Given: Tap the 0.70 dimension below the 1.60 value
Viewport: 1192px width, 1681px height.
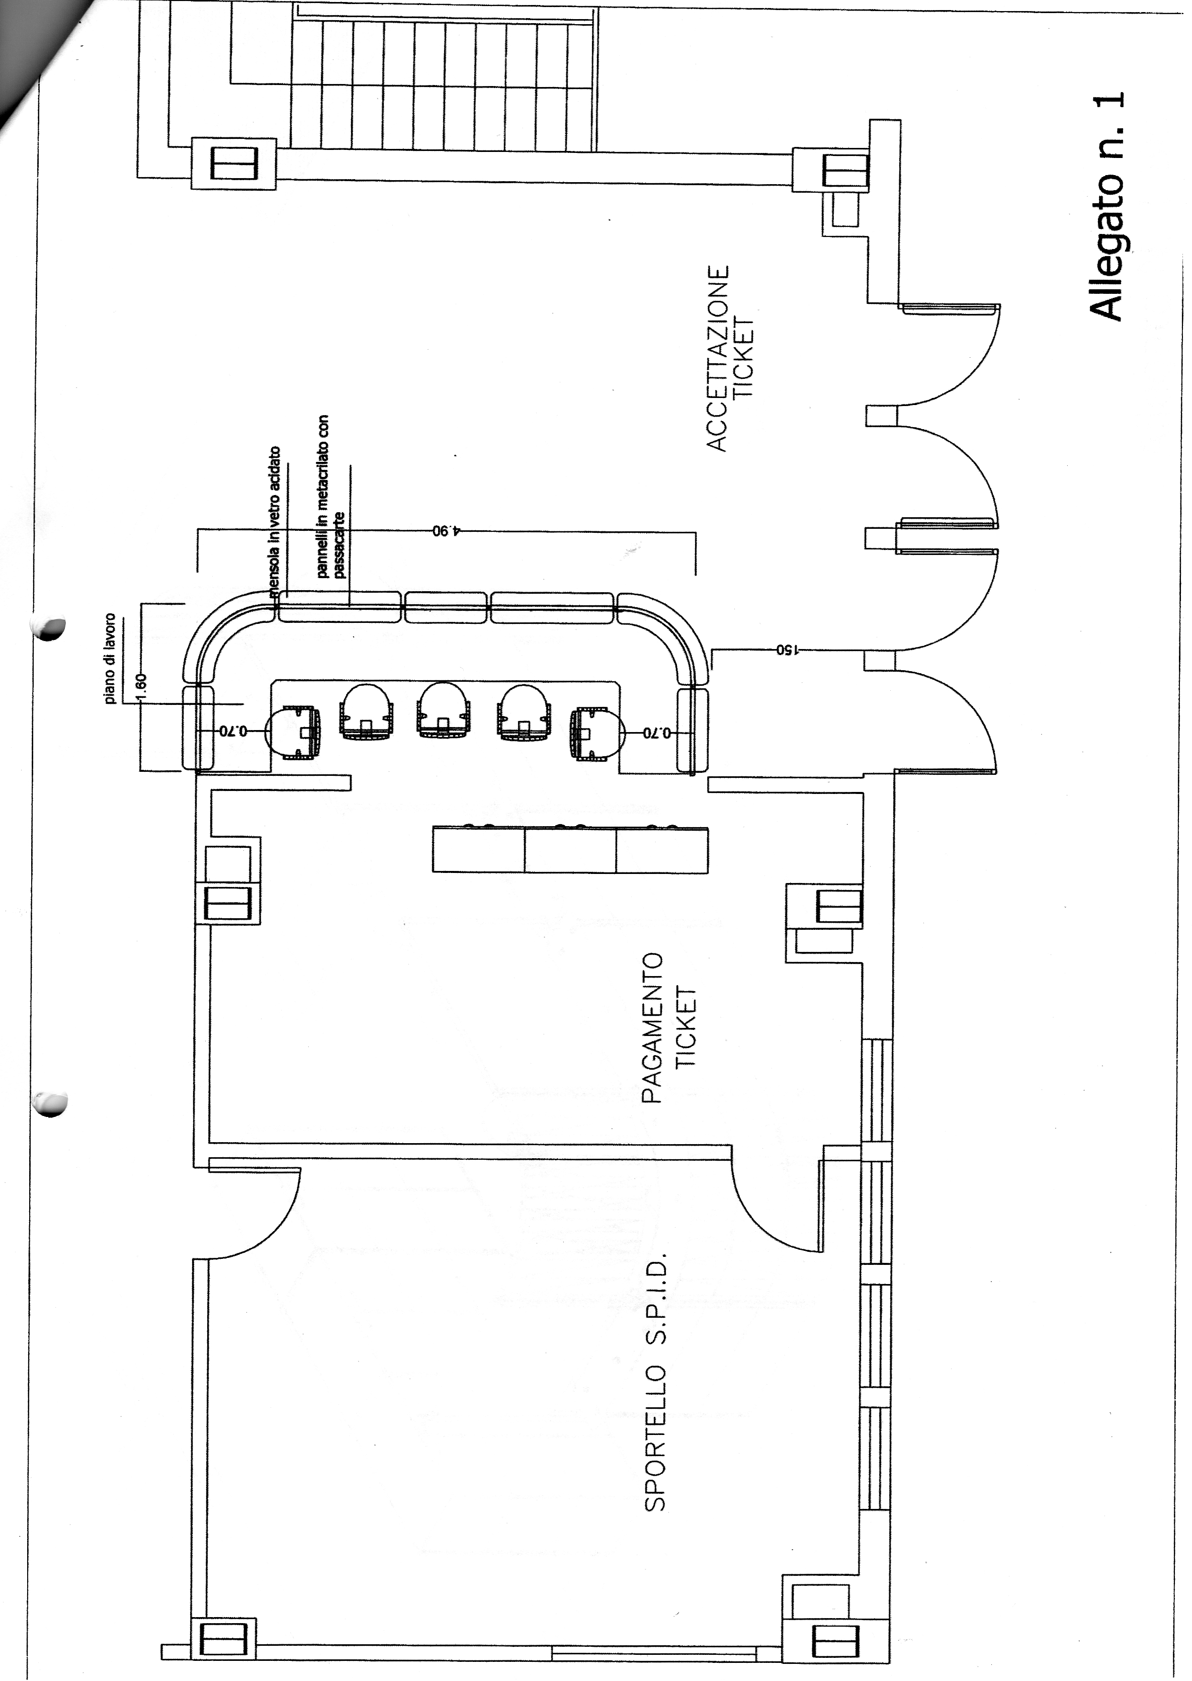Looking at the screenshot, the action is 235,731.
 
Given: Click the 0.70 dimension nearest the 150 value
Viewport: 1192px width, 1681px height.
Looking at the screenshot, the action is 657,732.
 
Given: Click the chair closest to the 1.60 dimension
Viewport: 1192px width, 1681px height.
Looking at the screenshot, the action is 293,733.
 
